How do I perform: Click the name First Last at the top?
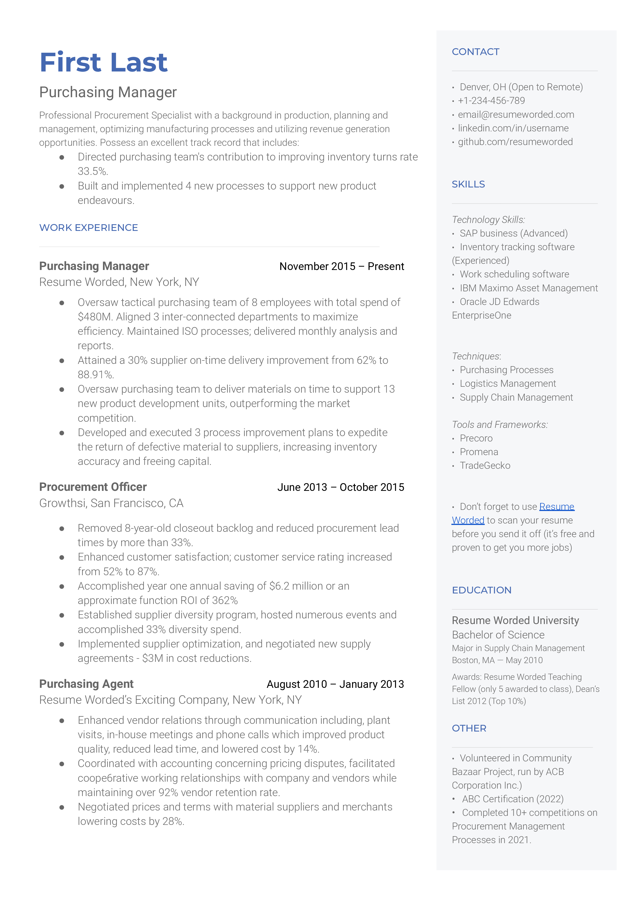pos(103,62)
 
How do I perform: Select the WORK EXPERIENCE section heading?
pos(89,228)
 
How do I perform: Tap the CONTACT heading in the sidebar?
pos(475,52)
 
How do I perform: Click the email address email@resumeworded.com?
pos(515,114)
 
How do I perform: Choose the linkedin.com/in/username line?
pos(513,128)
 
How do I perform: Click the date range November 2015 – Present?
pos(342,266)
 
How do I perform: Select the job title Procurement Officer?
pos(93,487)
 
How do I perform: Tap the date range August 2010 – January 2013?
pos(335,684)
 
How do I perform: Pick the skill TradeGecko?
pos(485,466)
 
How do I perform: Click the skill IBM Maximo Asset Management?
pos(528,288)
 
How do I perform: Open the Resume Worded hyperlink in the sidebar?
pos(556,507)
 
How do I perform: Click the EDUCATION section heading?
pos(482,590)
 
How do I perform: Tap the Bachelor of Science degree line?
pos(498,635)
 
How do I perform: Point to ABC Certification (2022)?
pos(512,799)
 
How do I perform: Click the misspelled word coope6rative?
pos(105,778)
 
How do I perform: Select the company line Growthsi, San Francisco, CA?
pos(111,503)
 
